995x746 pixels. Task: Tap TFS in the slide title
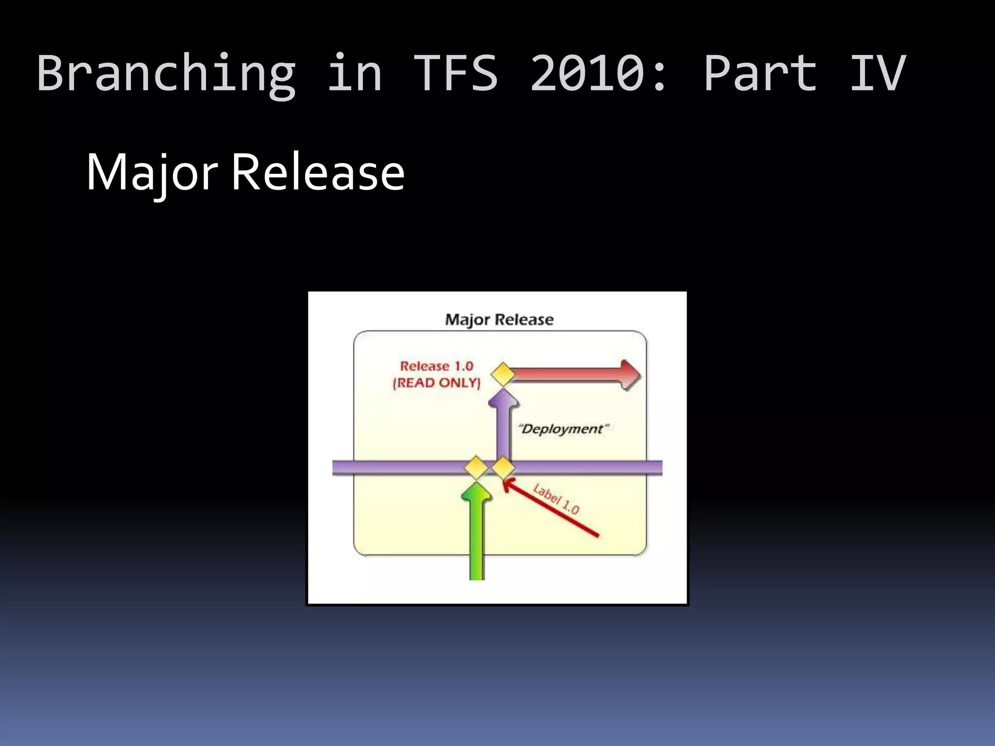click(x=455, y=73)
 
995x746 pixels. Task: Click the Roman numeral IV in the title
click(x=877, y=73)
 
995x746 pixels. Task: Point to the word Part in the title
click(x=760, y=73)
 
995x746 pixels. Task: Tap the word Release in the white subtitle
click(x=318, y=172)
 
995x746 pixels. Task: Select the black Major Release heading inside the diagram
click(x=499, y=320)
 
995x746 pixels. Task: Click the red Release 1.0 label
click(x=436, y=366)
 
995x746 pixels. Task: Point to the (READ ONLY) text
click(x=436, y=383)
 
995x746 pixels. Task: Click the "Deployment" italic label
click(x=563, y=429)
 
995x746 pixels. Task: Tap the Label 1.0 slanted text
click(x=556, y=499)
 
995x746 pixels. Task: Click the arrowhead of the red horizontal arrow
click(x=631, y=375)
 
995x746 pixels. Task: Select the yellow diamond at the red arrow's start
click(x=503, y=374)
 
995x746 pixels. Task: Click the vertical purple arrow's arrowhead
click(x=503, y=399)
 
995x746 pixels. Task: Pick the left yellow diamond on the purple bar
click(x=476, y=468)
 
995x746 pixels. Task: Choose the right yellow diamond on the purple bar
click(x=503, y=468)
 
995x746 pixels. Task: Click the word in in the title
click(x=355, y=73)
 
